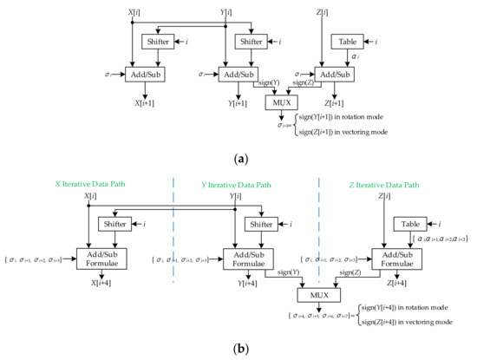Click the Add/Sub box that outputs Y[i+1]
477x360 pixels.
click(x=238, y=75)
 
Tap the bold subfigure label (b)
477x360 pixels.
click(x=238, y=350)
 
